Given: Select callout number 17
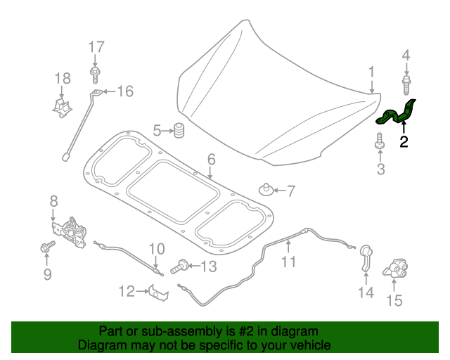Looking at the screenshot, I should pyautogui.click(x=96, y=47).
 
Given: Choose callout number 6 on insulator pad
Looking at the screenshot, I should pyautogui.click(x=212, y=160).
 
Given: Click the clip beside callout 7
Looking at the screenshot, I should pyautogui.click(x=266, y=189).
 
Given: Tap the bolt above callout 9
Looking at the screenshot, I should pyautogui.click(x=48, y=247).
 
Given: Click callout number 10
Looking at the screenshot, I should pyautogui.click(x=156, y=248).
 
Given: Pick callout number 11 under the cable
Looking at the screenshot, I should pyautogui.click(x=289, y=262).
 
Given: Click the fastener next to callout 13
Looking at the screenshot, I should pyautogui.click(x=180, y=266).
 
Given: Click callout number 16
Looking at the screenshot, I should pyautogui.click(x=124, y=91).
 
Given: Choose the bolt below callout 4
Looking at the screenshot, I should pyautogui.click(x=406, y=86).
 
